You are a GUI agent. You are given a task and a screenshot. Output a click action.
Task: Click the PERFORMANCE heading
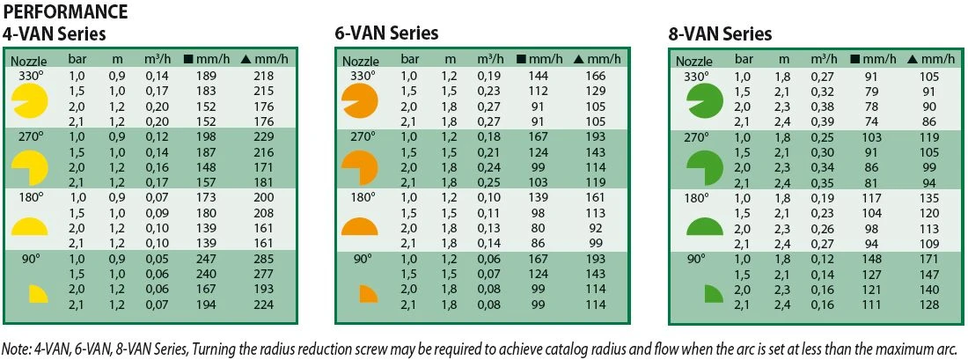tap(65, 12)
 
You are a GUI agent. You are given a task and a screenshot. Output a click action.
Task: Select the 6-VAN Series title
tap(386, 33)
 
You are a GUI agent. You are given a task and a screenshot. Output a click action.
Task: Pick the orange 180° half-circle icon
tap(359, 227)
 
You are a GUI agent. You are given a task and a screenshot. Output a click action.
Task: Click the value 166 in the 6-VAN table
tap(598, 77)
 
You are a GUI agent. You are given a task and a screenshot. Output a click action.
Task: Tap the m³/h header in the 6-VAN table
tap(491, 60)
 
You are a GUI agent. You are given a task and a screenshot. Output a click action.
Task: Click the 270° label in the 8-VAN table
tap(695, 137)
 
